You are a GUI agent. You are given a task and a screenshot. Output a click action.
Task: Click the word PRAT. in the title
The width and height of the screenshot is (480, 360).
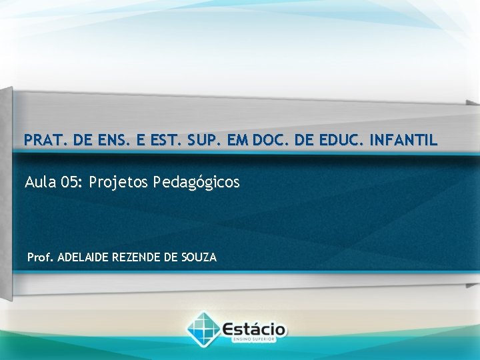[x=42, y=141]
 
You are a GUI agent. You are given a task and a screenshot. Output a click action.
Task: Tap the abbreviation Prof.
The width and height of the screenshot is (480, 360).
[x=41, y=257]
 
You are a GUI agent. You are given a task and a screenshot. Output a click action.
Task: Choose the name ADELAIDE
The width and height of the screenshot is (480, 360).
[x=85, y=257]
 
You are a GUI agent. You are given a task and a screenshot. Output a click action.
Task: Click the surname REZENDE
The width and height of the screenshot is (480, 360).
[x=138, y=257]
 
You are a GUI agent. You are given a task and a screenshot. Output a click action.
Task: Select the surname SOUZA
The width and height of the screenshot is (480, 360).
[x=199, y=257]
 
